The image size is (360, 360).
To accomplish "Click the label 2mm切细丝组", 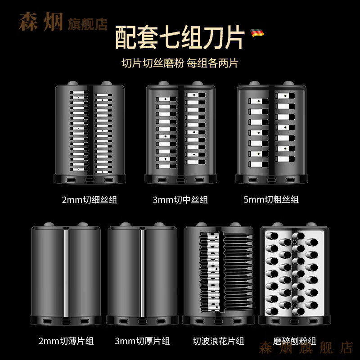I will [90, 199].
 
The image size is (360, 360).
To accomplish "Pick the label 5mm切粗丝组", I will [271, 199].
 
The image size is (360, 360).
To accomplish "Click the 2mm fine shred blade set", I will [90, 133].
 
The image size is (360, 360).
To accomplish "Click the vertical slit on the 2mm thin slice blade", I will [66, 272].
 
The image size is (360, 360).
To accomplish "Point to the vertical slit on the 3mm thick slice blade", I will [143, 272].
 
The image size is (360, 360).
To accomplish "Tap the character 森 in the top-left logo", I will [28, 22].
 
